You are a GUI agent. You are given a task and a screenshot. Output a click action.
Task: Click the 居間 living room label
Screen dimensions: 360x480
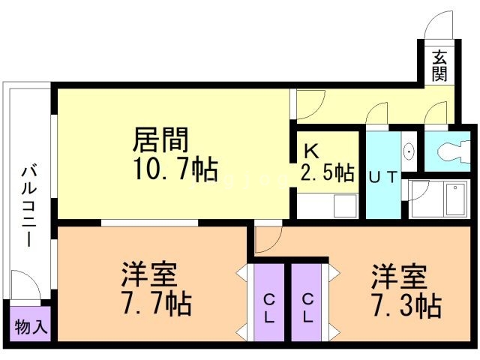coord(160,139)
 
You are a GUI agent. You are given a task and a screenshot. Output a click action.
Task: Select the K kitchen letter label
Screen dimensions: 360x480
coord(311,147)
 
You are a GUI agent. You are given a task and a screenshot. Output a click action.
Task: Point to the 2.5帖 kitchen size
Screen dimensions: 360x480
coord(328,172)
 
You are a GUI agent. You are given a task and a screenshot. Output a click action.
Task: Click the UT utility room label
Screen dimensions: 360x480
coord(384,177)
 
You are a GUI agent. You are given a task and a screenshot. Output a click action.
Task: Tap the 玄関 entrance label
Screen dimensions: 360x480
coord(439,65)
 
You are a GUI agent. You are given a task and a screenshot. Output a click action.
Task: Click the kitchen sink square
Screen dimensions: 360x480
coord(346,205)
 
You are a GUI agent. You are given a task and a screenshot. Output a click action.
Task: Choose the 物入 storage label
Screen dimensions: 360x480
coord(31,327)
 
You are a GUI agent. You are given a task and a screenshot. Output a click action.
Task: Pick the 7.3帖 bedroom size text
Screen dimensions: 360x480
coord(406,305)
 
